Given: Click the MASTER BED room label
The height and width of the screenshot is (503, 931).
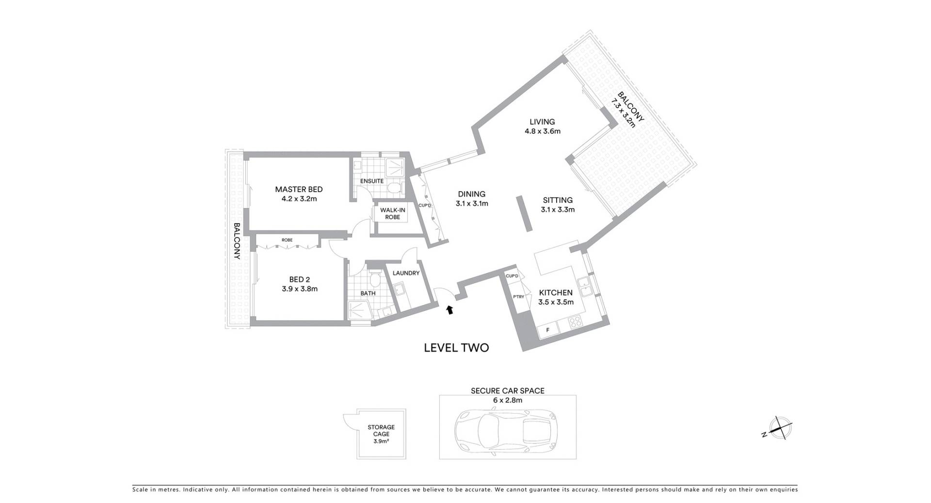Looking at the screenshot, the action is click(299, 189).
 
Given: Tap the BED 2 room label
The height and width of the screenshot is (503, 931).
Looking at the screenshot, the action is click(299, 279).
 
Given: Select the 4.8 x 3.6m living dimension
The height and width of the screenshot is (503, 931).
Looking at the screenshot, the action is click(542, 131).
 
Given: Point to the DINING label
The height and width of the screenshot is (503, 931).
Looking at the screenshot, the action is click(471, 194).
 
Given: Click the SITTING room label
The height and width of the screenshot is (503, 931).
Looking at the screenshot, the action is click(558, 200).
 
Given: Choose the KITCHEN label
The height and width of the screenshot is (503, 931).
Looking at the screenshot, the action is click(556, 292).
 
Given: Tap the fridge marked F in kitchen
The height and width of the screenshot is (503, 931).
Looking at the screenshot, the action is click(548, 330).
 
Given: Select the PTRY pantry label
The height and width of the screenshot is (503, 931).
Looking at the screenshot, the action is click(518, 297).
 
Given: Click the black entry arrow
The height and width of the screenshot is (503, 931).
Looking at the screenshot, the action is click(450, 309).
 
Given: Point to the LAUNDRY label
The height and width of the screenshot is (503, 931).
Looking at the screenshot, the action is click(406, 273).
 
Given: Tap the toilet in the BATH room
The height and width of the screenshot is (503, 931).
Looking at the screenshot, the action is click(375, 279).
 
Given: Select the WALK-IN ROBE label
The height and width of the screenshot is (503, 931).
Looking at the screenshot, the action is click(392, 213).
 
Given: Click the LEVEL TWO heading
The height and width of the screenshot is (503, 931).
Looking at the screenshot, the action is click(456, 348).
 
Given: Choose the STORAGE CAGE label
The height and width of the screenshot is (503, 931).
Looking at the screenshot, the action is click(381, 431).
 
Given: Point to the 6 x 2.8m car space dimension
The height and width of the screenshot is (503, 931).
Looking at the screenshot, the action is click(508, 400).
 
